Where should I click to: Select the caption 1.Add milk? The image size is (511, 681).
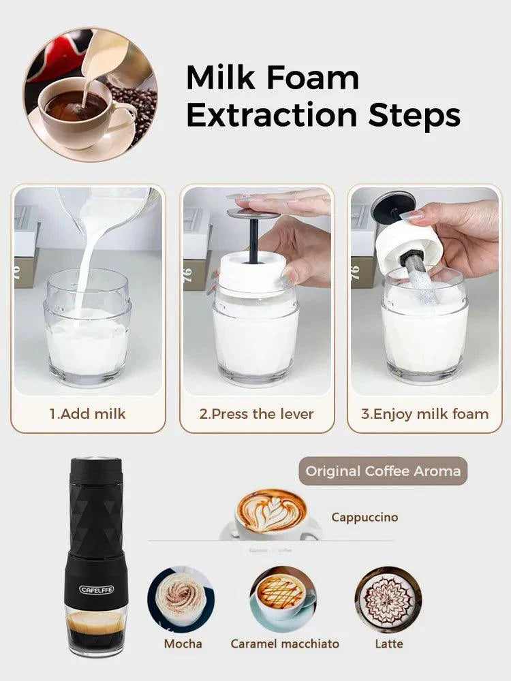click(x=87, y=413)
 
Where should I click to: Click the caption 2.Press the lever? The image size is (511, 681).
click(x=256, y=413)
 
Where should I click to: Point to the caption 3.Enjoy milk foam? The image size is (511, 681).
click(x=424, y=413)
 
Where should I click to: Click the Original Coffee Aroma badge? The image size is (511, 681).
click(x=382, y=471)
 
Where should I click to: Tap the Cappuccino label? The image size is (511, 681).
click(x=365, y=517)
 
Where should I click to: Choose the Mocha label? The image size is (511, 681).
click(x=183, y=643)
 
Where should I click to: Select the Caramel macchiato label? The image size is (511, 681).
click(x=285, y=643)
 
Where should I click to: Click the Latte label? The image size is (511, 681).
click(x=389, y=643)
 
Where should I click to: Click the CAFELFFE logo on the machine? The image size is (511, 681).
click(x=96, y=589)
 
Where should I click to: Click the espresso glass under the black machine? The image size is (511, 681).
click(x=95, y=630)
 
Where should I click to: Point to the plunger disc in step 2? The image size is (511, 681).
click(x=253, y=214)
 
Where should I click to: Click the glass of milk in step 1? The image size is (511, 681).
click(x=89, y=334)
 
